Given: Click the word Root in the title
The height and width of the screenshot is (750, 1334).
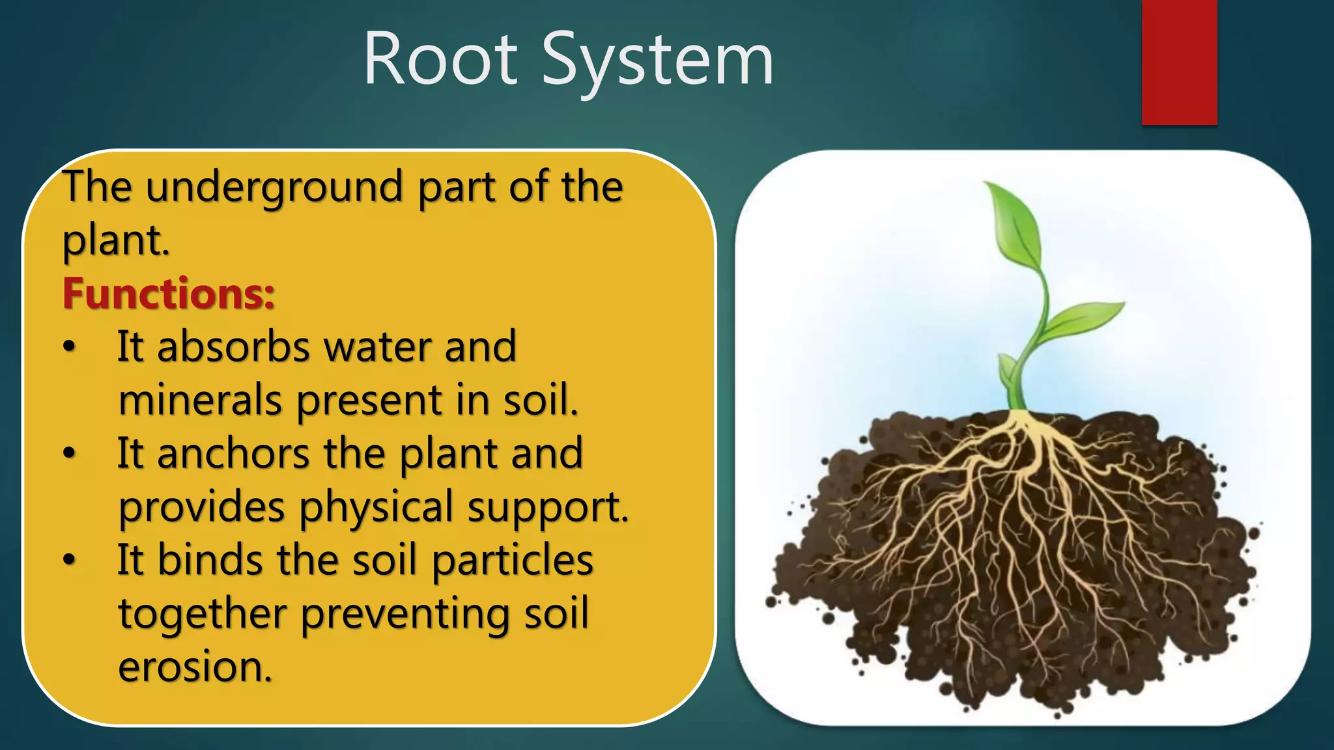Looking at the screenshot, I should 440,60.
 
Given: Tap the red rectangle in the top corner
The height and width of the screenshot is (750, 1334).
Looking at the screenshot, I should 1179,62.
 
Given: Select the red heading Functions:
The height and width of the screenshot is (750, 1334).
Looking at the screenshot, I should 169,294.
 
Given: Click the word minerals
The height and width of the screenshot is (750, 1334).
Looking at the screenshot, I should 200,400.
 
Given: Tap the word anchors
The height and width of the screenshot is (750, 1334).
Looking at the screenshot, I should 233,453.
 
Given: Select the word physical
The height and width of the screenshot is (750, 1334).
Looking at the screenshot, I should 376,508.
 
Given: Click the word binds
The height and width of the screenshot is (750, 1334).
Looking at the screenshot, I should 210,560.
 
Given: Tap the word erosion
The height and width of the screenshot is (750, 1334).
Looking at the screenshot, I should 195,667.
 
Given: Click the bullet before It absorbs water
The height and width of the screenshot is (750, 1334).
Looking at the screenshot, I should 70,347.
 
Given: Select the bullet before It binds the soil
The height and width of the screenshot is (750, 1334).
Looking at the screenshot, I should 70,560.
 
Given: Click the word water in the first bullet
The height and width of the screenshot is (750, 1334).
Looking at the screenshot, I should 378,346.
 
